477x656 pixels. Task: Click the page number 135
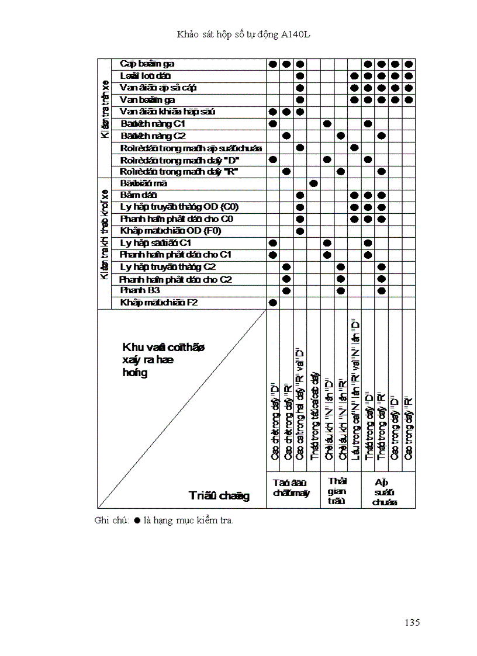tap(412, 622)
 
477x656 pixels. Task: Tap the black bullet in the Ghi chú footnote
tap(137, 520)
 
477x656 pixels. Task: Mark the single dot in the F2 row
tap(272, 303)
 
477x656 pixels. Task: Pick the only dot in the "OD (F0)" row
tap(300, 231)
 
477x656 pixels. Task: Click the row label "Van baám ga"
tap(144, 100)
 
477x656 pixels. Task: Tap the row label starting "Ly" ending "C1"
tap(157, 242)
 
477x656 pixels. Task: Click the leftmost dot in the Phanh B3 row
tap(286, 290)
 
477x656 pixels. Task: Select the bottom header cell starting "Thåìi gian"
tap(337, 491)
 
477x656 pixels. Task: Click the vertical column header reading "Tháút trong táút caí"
tap(314, 415)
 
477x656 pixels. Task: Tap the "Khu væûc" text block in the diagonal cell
tap(162, 360)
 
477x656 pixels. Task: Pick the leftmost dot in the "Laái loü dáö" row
tap(300, 76)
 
